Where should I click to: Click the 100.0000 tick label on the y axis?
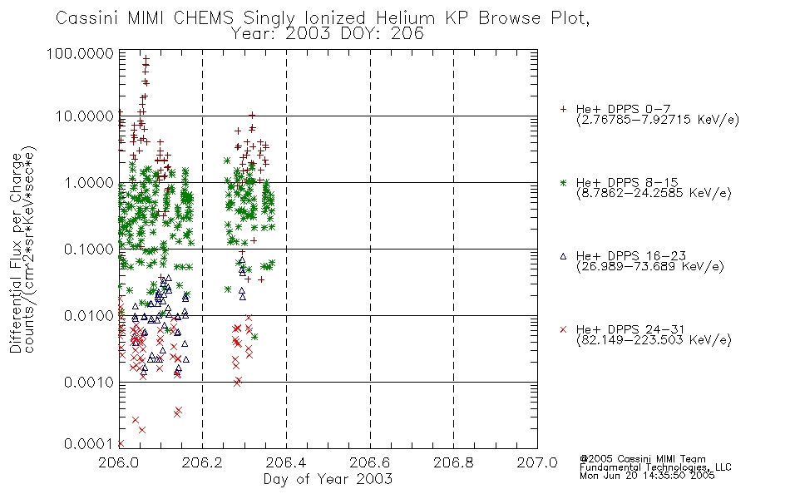click(80, 53)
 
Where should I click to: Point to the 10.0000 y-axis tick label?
click(85, 116)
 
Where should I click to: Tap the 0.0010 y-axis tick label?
click(89, 383)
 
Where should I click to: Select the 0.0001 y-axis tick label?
click(89, 443)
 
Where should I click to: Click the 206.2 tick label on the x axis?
click(203, 462)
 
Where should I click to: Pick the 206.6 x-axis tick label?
click(370, 462)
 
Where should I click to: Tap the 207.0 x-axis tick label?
click(537, 462)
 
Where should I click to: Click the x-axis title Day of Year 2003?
click(328, 479)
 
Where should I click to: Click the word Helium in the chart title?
click(405, 18)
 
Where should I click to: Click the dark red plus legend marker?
click(563, 109)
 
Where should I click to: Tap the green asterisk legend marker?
click(563, 182)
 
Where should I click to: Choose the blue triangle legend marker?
click(563, 256)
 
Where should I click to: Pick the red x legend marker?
click(563, 329)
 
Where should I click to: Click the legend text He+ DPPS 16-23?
click(631, 256)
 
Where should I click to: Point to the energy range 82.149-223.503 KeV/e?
click(654, 340)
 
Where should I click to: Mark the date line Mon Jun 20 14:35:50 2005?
click(647, 476)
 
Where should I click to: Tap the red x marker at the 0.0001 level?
click(121, 443)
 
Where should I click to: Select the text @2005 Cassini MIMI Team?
click(642, 459)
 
